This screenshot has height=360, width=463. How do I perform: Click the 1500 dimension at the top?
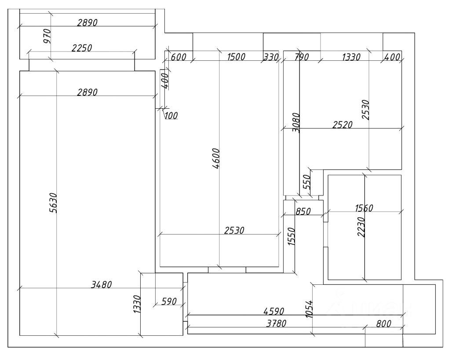click(236, 57)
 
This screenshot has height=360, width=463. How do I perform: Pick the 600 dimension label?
click(179, 57)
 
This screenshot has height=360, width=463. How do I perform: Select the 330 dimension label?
click(270, 57)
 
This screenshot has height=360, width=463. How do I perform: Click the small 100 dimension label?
click(171, 115)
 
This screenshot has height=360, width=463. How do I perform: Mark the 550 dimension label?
click(307, 181)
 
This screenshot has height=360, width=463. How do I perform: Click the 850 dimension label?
click(303, 211)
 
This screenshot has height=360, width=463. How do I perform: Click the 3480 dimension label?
click(101, 285)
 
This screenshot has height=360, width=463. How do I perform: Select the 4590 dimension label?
click(274, 312)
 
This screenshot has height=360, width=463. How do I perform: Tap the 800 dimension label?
click(383, 324)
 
